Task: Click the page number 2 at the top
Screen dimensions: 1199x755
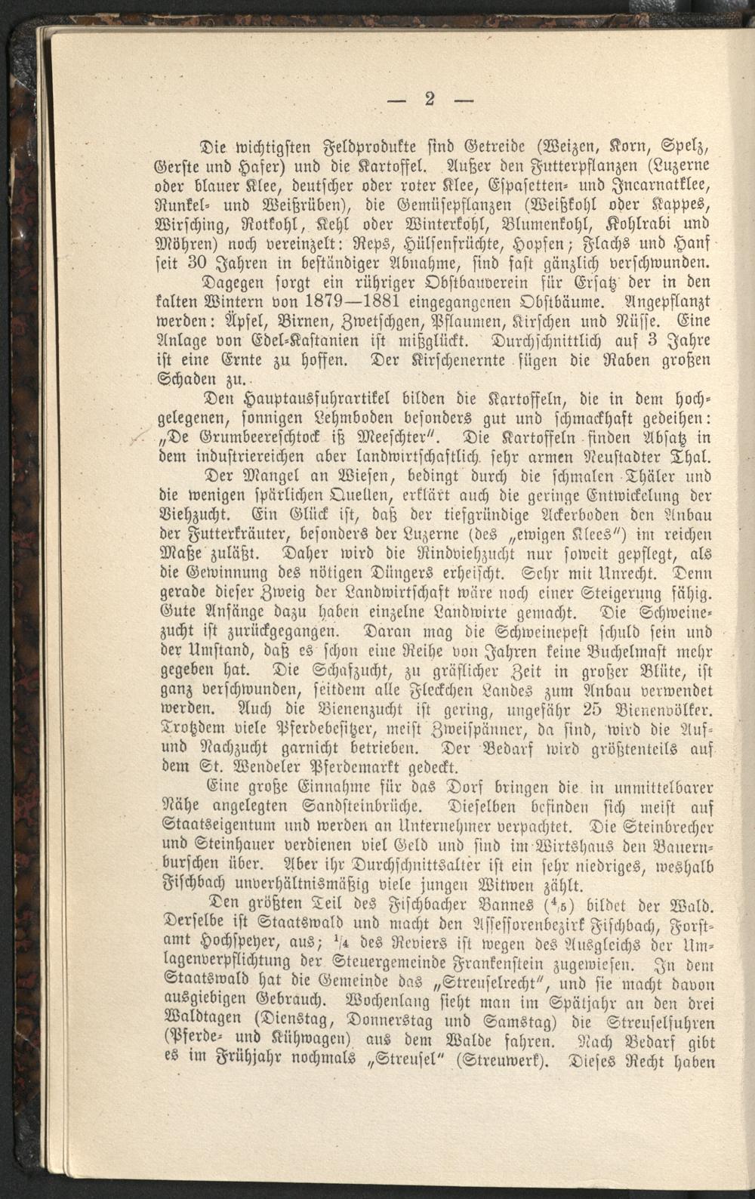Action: click(x=430, y=99)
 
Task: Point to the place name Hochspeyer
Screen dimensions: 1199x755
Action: click(x=225, y=945)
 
